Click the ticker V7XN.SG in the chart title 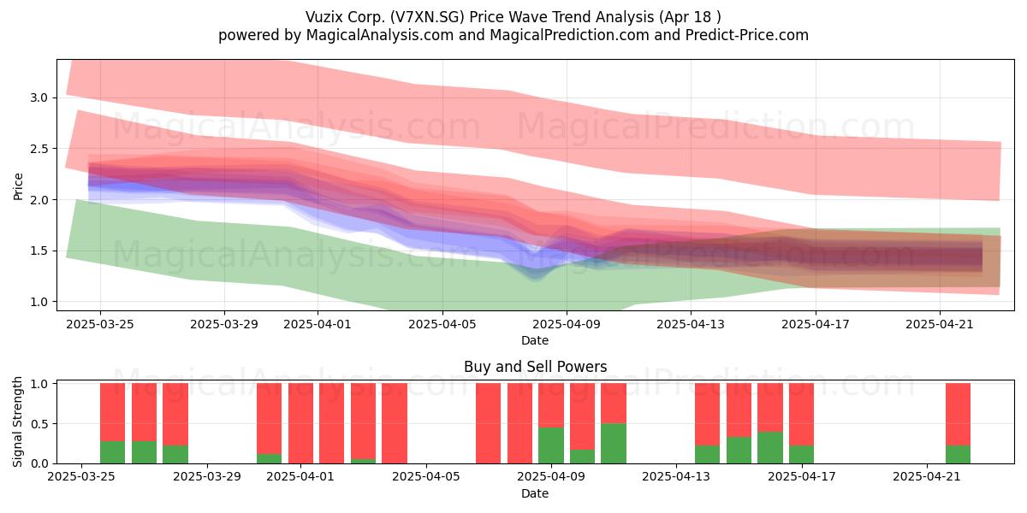click(x=428, y=17)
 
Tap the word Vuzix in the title click(x=324, y=17)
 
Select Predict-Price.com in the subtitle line click(x=747, y=35)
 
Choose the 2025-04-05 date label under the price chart click(x=442, y=324)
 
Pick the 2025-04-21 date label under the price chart click(x=940, y=324)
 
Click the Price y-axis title click(x=18, y=186)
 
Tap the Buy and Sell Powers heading click(x=535, y=367)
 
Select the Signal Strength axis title click(x=17, y=422)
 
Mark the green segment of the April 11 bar click(x=614, y=444)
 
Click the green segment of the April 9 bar click(x=551, y=445)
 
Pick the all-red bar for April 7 click(x=489, y=423)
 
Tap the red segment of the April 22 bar click(x=959, y=414)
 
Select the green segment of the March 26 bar click(x=112, y=452)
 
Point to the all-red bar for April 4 click(x=395, y=423)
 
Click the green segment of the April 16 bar click(x=770, y=447)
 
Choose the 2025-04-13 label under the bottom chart click(x=676, y=476)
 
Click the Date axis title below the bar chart click(x=535, y=493)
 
